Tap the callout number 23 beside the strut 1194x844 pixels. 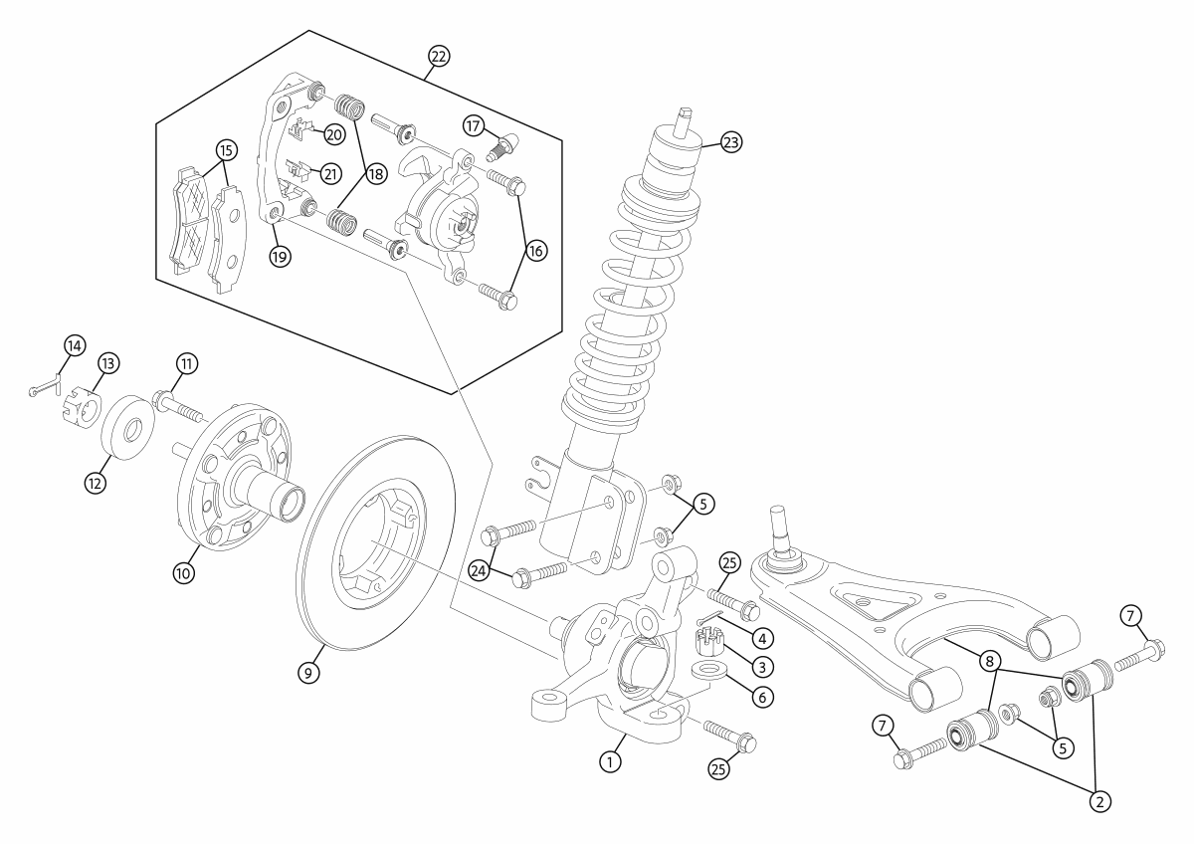pos(731,142)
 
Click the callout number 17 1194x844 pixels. pos(475,124)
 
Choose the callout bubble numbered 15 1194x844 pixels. pos(226,150)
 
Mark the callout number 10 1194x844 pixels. pos(186,573)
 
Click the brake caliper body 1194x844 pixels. pos(438,214)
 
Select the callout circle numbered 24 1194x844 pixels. pos(481,569)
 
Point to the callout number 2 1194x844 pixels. pos(1100,799)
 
